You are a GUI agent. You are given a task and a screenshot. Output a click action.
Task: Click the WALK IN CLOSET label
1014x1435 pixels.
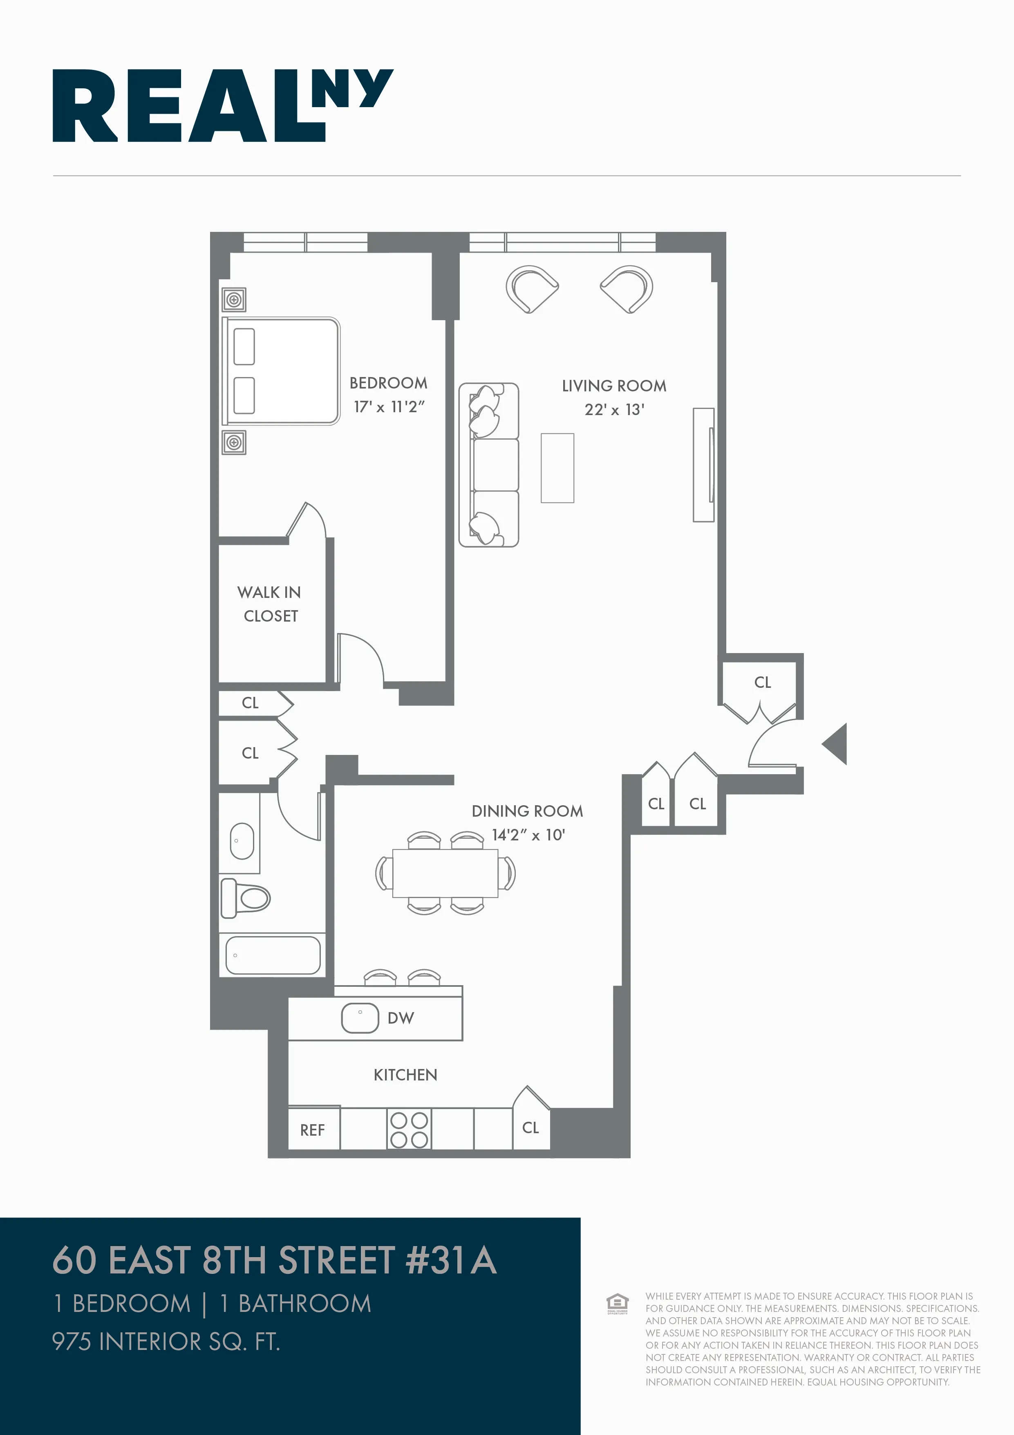(x=270, y=604)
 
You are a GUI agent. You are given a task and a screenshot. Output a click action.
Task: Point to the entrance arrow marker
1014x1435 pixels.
(x=836, y=744)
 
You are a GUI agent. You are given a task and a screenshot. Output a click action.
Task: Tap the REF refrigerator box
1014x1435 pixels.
(x=313, y=1130)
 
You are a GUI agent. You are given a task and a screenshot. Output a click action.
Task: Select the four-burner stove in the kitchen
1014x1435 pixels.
(x=409, y=1130)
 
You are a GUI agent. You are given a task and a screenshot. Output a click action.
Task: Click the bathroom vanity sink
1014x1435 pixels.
(x=242, y=841)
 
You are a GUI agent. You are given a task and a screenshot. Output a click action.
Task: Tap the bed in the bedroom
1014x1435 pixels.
(x=281, y=371)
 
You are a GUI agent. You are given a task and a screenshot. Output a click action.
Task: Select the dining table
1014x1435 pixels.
(x=445, y=873)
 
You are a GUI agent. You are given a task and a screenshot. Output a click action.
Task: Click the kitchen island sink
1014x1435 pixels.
(x=360, y=1017)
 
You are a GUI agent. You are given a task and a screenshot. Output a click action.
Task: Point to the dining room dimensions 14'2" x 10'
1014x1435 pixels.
(x=528, y=835)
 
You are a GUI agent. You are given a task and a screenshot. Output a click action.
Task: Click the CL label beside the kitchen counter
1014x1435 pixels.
(x=531, y=1127)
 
